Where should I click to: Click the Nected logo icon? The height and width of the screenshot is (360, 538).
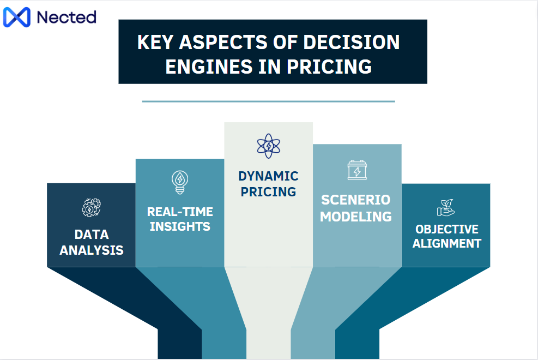point(17,17)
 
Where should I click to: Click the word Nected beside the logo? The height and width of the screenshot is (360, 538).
point(66,17)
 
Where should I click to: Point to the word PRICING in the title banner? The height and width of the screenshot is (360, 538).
point(329,67)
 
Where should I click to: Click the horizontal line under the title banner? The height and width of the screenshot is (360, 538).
point(268,101)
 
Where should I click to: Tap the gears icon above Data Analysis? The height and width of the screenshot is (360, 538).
point(91,208)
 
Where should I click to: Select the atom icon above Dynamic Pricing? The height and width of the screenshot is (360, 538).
point(268,146)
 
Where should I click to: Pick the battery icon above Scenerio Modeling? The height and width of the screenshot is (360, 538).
point(357,170)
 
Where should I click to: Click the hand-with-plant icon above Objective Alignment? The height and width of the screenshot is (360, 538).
point(445,207)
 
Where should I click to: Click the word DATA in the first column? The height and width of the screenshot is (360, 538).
point(92,235)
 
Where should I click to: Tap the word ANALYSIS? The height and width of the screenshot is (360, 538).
point(92,250)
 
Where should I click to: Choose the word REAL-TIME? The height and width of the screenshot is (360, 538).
point(180,212)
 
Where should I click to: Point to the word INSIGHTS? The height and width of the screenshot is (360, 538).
point(180,226)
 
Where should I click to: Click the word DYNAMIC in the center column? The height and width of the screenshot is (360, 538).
point(268,176)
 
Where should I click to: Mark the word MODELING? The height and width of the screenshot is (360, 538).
point(356,216)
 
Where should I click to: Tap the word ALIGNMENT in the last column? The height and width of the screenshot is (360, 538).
point(446,243)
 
